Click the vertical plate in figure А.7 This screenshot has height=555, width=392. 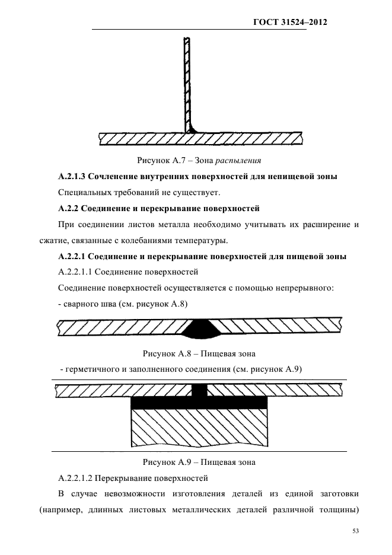(x=187, y=83)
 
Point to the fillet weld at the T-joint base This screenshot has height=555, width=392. (x=192, y=128)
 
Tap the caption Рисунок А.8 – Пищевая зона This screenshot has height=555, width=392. (x=199, y=354)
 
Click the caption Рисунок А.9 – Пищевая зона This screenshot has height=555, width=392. (x=199, y=462)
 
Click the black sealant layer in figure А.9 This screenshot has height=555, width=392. (x=199, y=403)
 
